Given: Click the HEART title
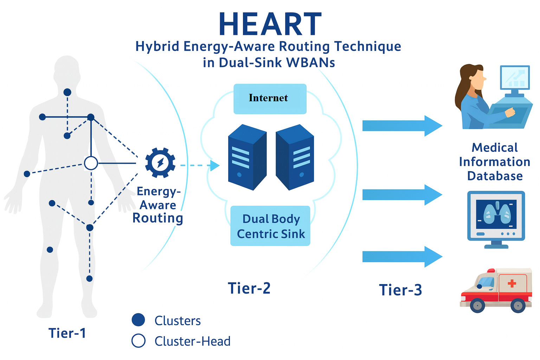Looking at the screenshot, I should (270, 25).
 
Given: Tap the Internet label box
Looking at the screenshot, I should (270, 98).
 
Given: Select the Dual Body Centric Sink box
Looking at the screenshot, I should (270, 226).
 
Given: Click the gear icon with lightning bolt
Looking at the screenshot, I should (160, 163).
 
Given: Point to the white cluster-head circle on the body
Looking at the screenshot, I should (91, 163).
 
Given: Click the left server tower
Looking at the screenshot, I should (247, 157).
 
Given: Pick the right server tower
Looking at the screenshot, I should (295, 157).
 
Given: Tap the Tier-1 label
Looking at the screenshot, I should (67, 333).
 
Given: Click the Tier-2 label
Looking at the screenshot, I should (249, 288).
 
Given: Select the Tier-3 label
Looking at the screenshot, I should (400, 290).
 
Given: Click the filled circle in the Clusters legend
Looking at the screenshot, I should (138, 320).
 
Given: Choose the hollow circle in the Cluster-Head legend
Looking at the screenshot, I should (138, 341).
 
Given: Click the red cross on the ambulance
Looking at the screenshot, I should (512, 283).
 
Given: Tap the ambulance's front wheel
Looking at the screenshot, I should (477, 305).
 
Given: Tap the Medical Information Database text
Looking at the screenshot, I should (495, 162).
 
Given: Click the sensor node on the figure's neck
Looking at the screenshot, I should (67, 92).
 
